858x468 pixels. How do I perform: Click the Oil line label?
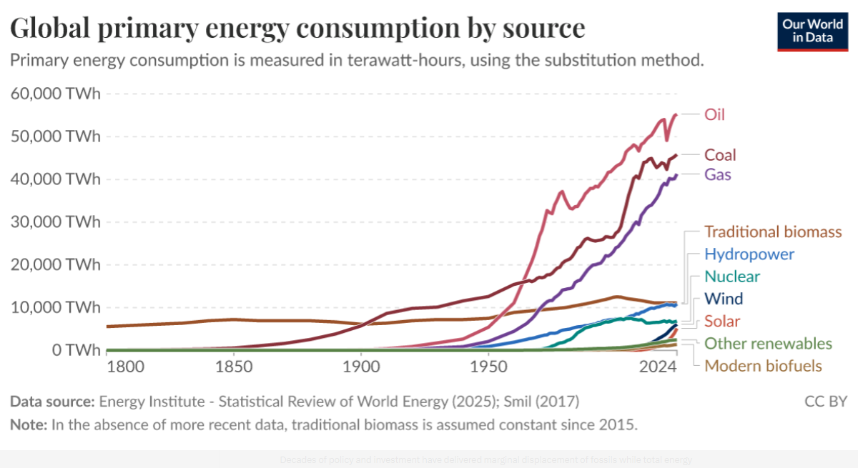714,114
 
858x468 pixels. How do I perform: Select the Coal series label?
720,155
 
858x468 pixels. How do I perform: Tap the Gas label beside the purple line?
718,174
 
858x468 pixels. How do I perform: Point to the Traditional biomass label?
772,231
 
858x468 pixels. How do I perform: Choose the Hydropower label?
749,254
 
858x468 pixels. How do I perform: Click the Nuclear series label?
731,277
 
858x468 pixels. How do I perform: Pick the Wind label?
723,299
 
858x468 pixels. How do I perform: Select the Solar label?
722,321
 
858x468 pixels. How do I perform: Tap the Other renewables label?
768,344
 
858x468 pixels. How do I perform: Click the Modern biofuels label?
763,366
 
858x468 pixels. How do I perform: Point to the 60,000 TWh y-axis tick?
55,94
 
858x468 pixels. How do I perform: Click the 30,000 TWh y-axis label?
55,222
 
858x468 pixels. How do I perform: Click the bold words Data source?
51,402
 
